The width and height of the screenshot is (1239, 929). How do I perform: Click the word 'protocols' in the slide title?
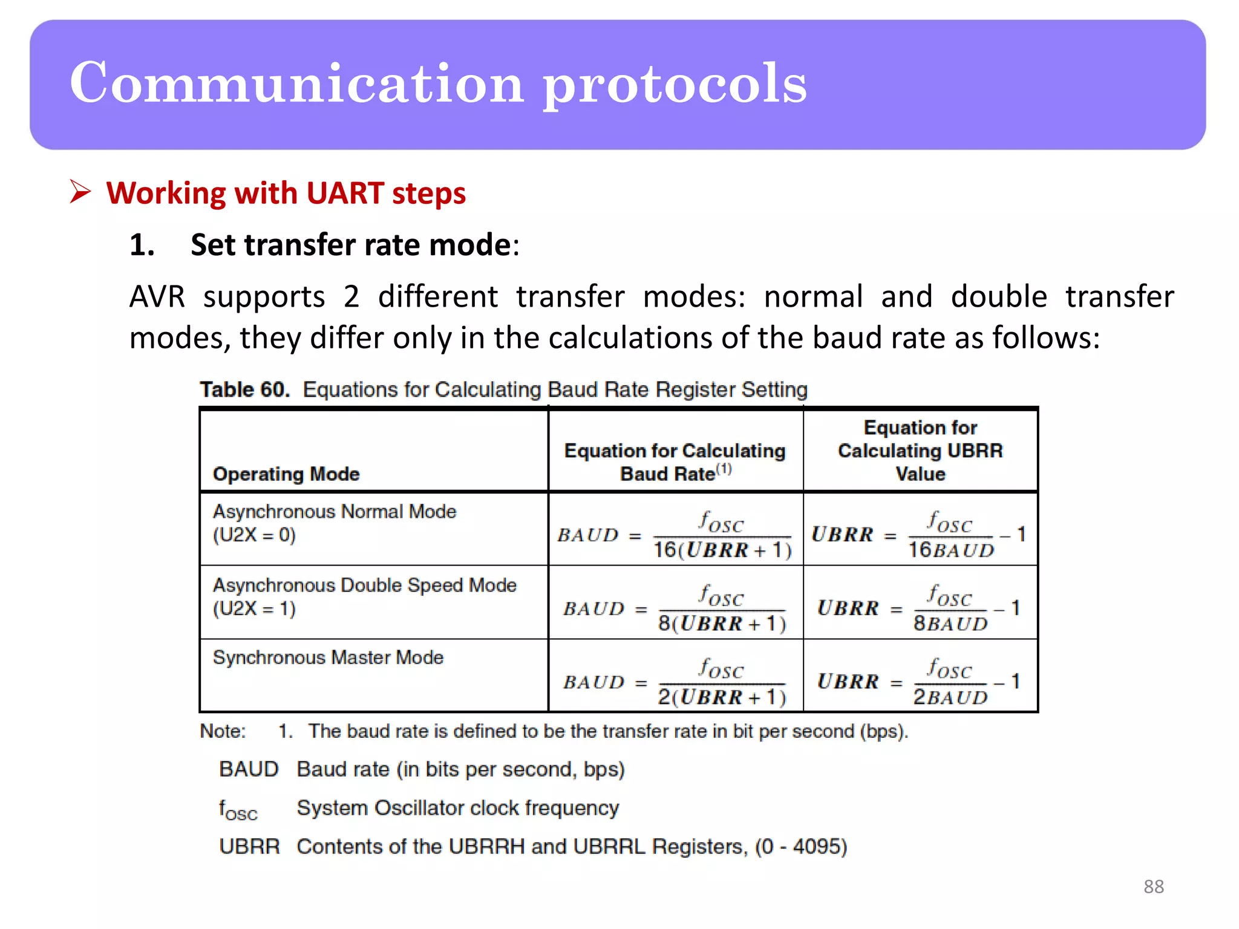pos(674,85)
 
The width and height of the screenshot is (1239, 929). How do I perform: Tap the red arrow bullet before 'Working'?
pos(80,192)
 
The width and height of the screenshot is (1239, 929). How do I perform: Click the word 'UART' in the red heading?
pos(345,194)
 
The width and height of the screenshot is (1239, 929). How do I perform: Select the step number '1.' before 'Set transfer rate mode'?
pos(142,245)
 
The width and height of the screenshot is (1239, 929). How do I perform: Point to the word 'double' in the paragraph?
pos(999,297)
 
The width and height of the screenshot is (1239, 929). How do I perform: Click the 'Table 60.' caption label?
pos(245,390)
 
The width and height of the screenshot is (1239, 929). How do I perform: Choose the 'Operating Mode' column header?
pos(286,474)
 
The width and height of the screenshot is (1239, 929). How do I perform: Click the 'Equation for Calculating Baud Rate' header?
pos(675,462)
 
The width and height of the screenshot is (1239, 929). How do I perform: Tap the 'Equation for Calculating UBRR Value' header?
pos(920,451)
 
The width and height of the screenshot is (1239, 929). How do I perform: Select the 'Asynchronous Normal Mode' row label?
pos(335,512)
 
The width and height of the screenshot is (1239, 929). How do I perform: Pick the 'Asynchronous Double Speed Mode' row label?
pos(365,585)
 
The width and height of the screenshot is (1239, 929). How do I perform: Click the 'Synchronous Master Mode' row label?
pos(328,657)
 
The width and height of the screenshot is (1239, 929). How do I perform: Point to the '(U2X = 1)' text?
pos(254,608)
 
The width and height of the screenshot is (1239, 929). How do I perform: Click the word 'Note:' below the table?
pos(223,731)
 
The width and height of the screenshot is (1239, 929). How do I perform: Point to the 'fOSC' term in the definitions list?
pos(238,809)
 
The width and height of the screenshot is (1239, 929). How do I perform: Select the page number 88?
pos(1153,887)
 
